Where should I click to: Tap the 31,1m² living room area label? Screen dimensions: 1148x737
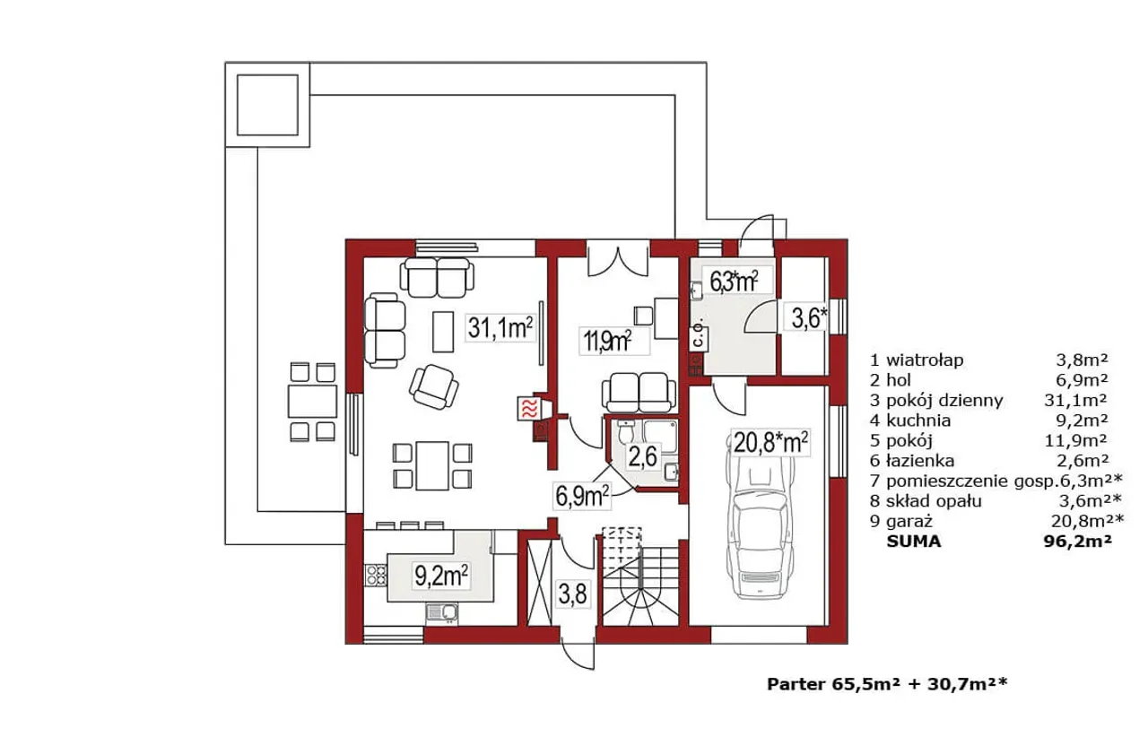click(x=500, y=328)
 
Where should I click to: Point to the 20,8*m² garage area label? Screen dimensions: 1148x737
click(x=770, y=443)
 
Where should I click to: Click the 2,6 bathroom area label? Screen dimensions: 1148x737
click(x=643, y=456)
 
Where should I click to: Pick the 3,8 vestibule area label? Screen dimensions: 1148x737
click(x=572, y=595)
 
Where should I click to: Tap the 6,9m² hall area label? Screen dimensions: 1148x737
click(x=582, y=496)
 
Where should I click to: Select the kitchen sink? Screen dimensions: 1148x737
click(x=441, y=614)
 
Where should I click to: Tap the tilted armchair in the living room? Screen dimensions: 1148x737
click(x=433, y=387)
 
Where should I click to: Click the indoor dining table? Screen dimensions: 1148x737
click(x=432, y=466)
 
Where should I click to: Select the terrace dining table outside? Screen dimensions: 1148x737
click(x=312, y=402)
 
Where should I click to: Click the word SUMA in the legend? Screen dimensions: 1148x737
click(x=914, y=542)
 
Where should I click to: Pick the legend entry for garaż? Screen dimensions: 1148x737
click(x=996, y=521)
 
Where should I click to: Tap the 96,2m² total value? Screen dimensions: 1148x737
click(x=1078, y=542)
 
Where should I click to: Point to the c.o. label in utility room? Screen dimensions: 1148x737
click(x=698, y=336)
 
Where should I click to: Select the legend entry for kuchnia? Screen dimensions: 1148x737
click(x=989, y=421)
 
